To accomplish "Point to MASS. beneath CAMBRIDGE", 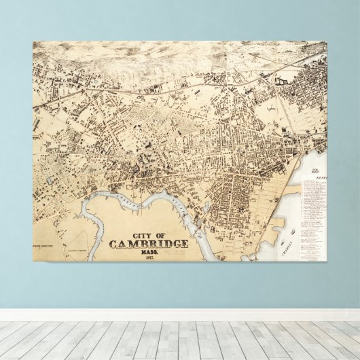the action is [149, 253].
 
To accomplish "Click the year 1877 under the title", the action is [149, 258].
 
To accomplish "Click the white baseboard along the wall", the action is [180, 314].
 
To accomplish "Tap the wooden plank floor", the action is [180, 340].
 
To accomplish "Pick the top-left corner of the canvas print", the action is [33, 42].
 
